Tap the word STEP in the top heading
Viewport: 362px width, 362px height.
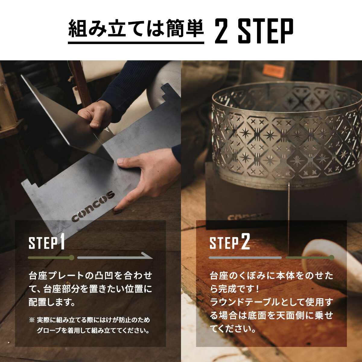click(x=265, y=30)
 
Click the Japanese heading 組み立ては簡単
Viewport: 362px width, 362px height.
click(x=136, y=29)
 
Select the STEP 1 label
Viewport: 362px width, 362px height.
click(x=47, y=243)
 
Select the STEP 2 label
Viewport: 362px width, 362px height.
click(x=230, y=243)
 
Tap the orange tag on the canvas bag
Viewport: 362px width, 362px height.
click(x=273, y=71)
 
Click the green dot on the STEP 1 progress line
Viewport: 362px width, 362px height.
click(x=71, y=258)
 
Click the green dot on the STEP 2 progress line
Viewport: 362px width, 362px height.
click(x=332, y=258)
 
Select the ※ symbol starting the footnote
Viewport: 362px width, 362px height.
click(x=32, y=320)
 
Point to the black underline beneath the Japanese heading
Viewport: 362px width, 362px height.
click(x=136, y=43)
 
